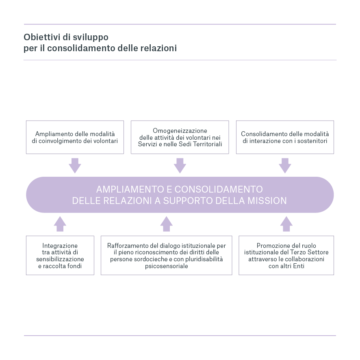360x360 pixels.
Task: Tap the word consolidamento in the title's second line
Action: click(81, 48)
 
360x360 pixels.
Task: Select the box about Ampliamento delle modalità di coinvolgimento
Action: click(75, 137)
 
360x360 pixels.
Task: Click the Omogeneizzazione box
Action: click(180, 137)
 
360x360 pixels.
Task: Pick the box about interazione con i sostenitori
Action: click(285, 137)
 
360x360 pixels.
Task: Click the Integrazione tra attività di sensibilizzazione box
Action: click(60, 256)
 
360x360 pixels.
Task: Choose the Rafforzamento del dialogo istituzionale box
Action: click(167, 256)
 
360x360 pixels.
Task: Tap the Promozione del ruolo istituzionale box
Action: click(286, 256)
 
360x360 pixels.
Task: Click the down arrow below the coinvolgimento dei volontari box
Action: click(75, 165)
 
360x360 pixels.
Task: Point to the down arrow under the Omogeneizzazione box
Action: click(180, 165)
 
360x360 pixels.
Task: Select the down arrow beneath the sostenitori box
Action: click(285, 165)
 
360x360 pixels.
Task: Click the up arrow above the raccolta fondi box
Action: click(60, 224)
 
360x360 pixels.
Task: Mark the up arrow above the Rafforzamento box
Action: click(166, 224)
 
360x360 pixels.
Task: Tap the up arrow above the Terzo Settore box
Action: click(286, 224)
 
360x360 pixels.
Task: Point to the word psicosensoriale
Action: click(167, 267)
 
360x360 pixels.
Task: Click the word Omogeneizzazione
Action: click(180, 131)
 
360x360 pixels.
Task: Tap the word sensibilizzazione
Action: click(60, 259)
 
